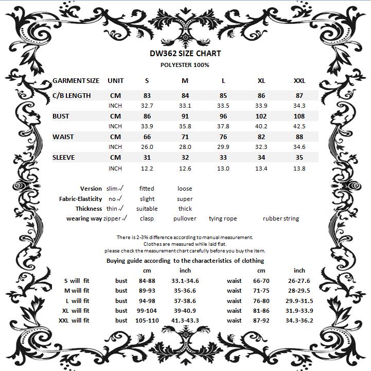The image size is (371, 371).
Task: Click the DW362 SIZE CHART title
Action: [x=185, y=54]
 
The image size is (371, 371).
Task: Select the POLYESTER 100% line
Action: [x=185, y=65]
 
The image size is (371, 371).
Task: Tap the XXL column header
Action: [x=299, y=81]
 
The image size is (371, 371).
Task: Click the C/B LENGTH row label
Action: [x=72, y=96]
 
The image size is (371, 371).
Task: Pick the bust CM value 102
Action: [x=261, y=116]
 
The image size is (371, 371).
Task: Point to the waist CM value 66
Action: [x=147, y=137]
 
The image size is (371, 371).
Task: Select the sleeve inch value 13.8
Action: [x=299, y=168]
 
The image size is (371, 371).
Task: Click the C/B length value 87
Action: [x=299, y=96]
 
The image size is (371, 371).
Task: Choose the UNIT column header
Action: [x=115, y=81]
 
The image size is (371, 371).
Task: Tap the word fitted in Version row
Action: [x=147, y=189]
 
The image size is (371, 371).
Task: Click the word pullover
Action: [x=185, y=218]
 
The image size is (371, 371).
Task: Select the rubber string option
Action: [x=280, y=218]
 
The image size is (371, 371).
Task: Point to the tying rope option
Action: [x=223, y=218]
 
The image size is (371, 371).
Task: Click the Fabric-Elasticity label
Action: [x=80, y=199]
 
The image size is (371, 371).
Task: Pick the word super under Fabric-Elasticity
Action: [x=185, y=199]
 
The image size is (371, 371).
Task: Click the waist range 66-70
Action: [x=261, y=281]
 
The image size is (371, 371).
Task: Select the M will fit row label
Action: [x=77, y=291]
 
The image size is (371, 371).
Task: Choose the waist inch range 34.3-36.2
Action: [x=299, y=321]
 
